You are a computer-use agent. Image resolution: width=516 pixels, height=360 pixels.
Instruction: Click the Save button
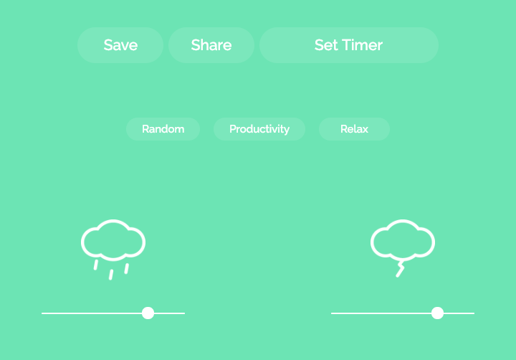point(120,45)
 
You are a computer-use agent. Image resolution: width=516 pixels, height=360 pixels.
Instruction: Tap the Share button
point(211,45)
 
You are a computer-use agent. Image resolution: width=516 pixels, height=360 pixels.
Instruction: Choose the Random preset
point(163,129)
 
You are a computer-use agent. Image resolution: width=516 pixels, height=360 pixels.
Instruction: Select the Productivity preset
point(259,129)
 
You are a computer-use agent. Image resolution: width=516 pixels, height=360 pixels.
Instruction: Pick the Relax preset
point(354,129)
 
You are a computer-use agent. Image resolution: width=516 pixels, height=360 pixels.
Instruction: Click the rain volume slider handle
point(148,313)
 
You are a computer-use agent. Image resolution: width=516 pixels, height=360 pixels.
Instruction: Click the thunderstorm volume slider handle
point(437,313)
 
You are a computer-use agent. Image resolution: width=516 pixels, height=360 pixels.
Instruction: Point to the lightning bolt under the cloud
point(400,270)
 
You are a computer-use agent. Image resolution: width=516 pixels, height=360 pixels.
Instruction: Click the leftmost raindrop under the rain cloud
point(96,265)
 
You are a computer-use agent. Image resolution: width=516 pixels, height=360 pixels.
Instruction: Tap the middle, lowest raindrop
point(111,275)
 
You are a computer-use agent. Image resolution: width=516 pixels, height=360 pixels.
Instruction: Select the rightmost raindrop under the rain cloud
point(127,268)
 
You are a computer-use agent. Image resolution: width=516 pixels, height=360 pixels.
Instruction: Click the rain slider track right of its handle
point(169,313)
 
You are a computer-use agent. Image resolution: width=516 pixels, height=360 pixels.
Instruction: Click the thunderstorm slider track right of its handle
point(459,313)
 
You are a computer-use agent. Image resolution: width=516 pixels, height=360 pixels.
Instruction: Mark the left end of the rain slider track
point(42,313)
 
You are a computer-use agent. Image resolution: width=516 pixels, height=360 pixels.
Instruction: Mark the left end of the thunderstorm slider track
point(332,313)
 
